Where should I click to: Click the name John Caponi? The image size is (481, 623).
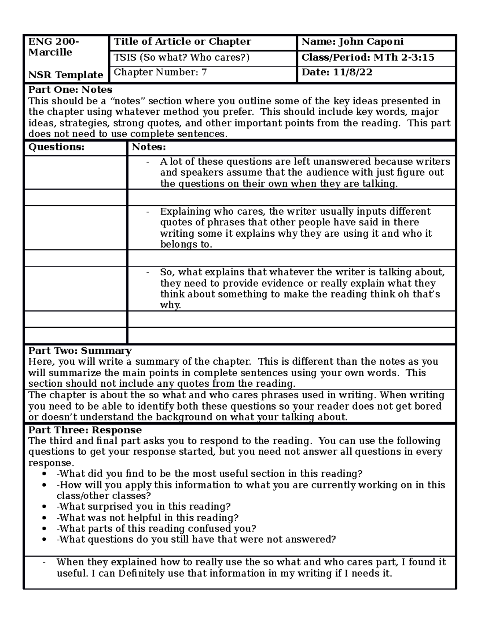[x=371, y=42]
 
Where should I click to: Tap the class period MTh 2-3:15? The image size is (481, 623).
[x=404, y=57]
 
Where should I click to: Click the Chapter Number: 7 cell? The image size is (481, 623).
[x=160, y=72]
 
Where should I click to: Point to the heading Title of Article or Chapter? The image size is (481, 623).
[x=182, y=42]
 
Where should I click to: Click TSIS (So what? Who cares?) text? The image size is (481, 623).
[x=182, y=57]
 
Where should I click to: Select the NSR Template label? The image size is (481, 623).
[x=66, y=75]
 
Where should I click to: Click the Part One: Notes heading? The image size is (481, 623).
[x=70, y=89]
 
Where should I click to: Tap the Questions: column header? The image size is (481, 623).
[x=56, y=147]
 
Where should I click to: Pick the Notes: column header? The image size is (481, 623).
[x=149, y=147]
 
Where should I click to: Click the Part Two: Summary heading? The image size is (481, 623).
[x=80, y=351]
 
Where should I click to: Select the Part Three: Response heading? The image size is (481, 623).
[x=85, y=430]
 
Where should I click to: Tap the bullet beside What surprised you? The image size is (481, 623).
[x=44, y=507]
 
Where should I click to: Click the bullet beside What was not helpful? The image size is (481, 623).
[x=44, y=518]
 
